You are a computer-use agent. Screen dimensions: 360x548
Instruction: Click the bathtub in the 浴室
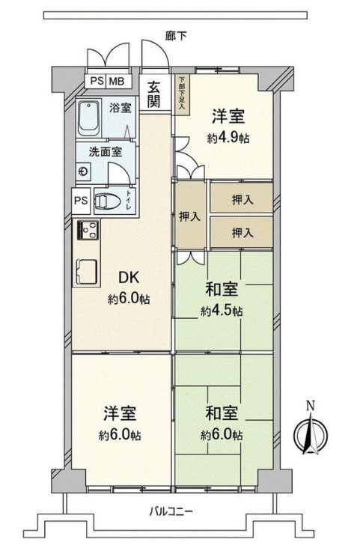(88, 119)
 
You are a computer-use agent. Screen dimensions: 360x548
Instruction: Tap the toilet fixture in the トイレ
(108, 201)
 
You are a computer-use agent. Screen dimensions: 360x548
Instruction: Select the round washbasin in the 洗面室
(83, 171)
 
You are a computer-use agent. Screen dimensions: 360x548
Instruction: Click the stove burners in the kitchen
(88, 230)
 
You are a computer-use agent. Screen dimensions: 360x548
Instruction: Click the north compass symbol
(311, 432)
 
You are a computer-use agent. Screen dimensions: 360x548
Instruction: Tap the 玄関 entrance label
(153, 94)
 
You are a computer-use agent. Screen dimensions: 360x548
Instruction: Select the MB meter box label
(117, 82)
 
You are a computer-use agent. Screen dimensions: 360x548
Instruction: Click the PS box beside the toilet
(81, 201)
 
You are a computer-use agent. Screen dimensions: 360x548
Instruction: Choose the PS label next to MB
(97, 82)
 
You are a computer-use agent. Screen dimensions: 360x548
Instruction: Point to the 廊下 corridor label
(176, 36)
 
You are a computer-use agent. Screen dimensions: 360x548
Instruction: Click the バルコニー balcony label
(171, 513)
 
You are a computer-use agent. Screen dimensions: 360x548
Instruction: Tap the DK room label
(129, 278)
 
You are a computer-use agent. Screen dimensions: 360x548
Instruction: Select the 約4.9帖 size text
(228, 138)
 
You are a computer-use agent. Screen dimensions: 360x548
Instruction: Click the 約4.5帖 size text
(222, 311)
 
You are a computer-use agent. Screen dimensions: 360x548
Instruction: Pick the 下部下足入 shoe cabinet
(182, 94)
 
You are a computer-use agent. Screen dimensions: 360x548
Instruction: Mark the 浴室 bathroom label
(120, 107)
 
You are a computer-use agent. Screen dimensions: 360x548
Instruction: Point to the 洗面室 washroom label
(106, 152)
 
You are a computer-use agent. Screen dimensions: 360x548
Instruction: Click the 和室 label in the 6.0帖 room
(222, 413)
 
